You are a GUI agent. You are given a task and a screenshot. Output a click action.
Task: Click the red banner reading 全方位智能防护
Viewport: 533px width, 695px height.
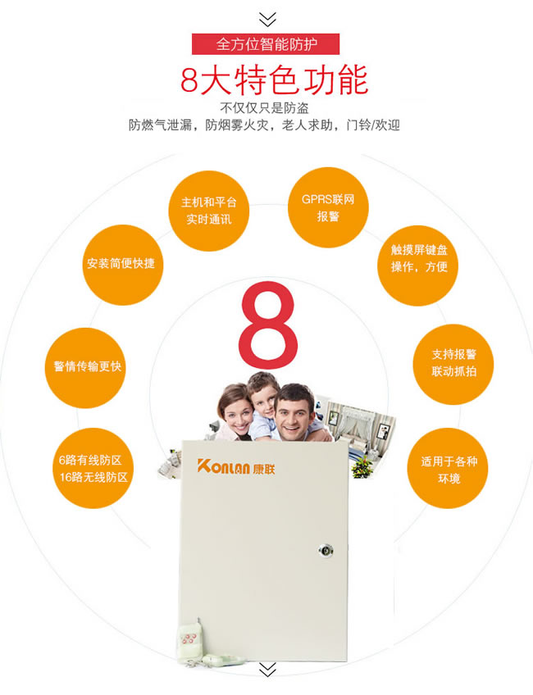(266, 44)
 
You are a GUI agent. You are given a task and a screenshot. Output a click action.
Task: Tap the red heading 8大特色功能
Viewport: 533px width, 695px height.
(275, 79)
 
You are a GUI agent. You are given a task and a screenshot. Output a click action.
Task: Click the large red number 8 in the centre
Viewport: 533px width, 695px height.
(267, 325)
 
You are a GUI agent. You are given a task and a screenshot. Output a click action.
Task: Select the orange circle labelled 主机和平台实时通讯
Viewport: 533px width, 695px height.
(209, 211)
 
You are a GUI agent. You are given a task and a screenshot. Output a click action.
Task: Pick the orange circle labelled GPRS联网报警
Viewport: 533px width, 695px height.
(328, 207)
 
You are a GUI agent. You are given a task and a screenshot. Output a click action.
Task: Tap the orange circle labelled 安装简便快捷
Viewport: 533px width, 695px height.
(123, 265)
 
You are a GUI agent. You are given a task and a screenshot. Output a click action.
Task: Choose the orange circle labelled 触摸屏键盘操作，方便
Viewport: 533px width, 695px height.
(417, 266)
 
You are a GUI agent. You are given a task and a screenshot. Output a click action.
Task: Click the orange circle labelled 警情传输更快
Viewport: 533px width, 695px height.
(85, 368)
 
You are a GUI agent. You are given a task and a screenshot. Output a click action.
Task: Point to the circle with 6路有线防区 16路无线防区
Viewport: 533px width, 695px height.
(93, 468)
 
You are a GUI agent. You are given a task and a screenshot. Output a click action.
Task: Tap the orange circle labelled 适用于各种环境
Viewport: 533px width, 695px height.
(448, 468)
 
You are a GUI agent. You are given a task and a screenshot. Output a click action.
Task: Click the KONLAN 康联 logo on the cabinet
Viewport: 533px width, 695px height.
(236, 466)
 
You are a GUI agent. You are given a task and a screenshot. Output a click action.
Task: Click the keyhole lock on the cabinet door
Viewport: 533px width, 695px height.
(326, 551)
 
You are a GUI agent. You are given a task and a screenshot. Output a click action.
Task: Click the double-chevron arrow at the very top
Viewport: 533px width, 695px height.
(267, 20)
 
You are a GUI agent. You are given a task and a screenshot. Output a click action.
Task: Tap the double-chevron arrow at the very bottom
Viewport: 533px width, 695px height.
(267, 670)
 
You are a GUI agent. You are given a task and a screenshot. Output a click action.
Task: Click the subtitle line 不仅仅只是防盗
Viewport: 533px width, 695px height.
(265, 108)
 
